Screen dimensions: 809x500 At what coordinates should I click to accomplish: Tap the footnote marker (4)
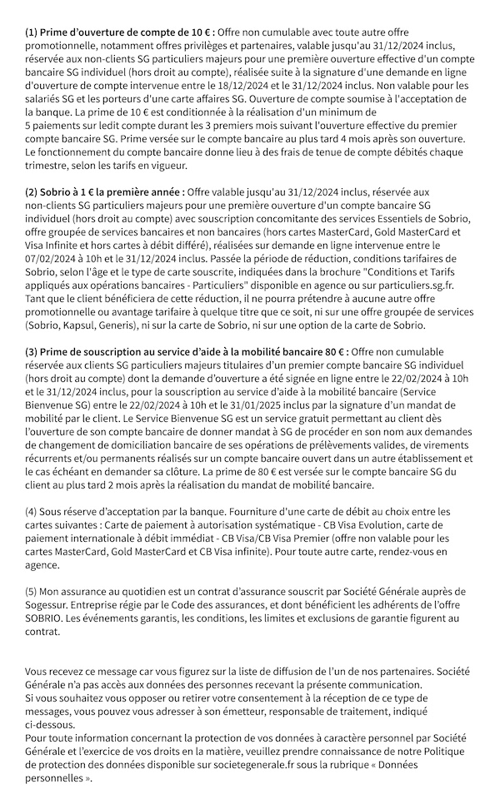pos(32,511)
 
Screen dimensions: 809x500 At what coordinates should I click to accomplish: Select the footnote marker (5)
pos(32,592)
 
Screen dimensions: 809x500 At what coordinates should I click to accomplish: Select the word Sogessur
pos(51,605)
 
